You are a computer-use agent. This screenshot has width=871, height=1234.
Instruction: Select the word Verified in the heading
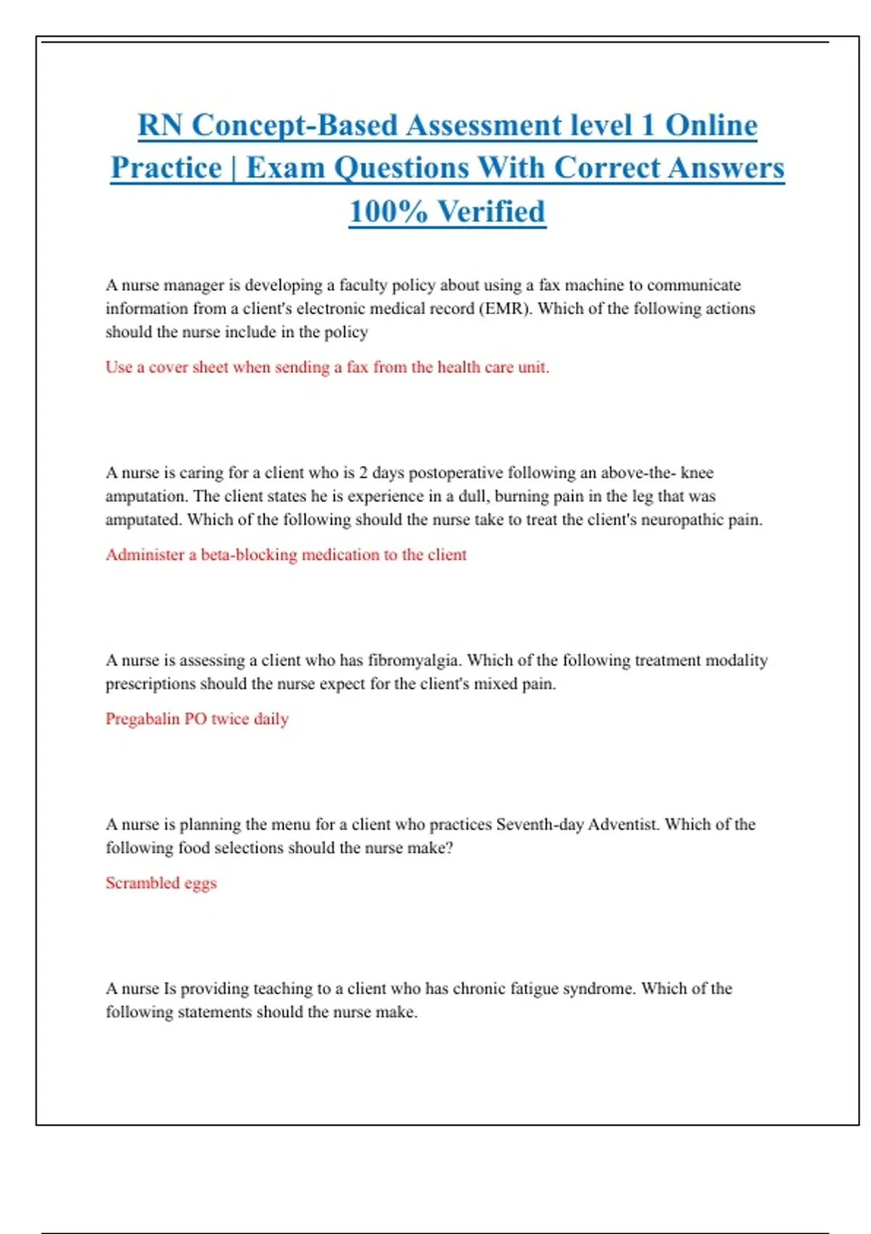click(x=491, y=212)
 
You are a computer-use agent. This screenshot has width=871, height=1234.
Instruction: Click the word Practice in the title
click(x=166, y=168)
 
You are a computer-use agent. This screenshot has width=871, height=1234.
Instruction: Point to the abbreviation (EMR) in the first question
click(x=505, y=308)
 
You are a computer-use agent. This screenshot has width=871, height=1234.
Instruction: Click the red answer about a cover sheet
click(x=327, y=367)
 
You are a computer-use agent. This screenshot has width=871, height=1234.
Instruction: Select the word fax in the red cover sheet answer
click(x=357, y=367)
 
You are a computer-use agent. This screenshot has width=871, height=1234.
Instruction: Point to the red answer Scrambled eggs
click(x=161, y=883)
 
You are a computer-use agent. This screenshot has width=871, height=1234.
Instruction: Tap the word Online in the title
click(x=711, y=126)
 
